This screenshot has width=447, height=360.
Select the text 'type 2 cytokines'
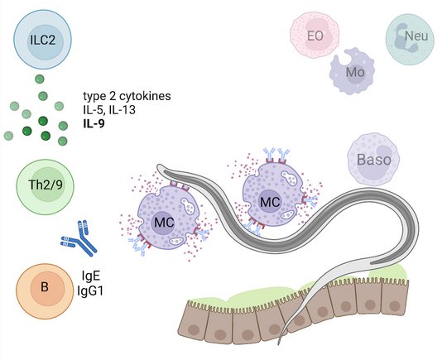pyautogui.click(x=127, y=96)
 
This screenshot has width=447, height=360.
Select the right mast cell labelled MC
pyautogui.click(x=272, y=198)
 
